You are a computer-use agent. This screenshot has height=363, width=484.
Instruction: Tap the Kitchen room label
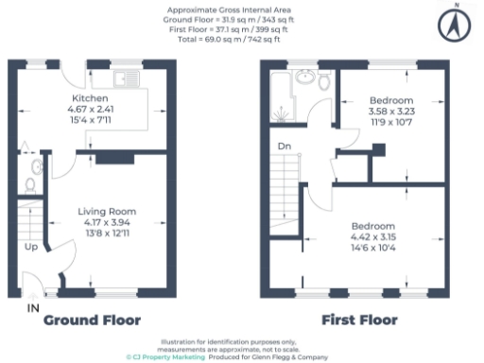91,98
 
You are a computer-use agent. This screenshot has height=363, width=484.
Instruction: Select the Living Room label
105,211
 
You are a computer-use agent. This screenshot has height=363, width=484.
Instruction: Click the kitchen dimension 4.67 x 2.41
91,109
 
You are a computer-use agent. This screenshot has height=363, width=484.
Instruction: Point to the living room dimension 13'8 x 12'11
105,232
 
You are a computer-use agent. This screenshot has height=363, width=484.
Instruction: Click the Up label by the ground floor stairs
31,248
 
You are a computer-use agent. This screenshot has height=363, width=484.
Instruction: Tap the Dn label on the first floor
284,146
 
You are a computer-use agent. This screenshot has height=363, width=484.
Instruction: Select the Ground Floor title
92,320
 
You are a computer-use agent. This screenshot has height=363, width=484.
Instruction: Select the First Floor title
359,320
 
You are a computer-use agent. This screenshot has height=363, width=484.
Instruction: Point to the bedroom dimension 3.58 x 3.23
390,111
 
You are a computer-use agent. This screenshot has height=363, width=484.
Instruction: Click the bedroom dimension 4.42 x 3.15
373,236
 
